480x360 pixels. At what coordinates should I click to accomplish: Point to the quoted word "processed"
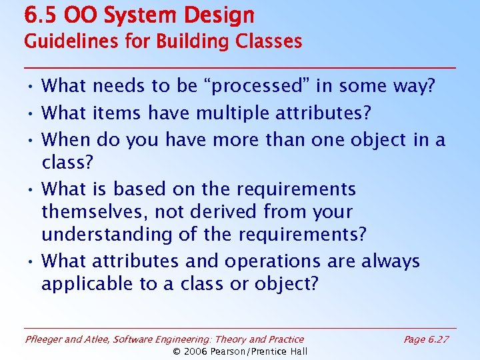[x=249, y=86]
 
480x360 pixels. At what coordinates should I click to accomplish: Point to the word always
[x=391, y=261]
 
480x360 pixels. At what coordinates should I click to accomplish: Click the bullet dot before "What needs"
[x=31, y=87]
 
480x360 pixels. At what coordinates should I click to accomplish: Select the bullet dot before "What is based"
[x=31, y=190]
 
